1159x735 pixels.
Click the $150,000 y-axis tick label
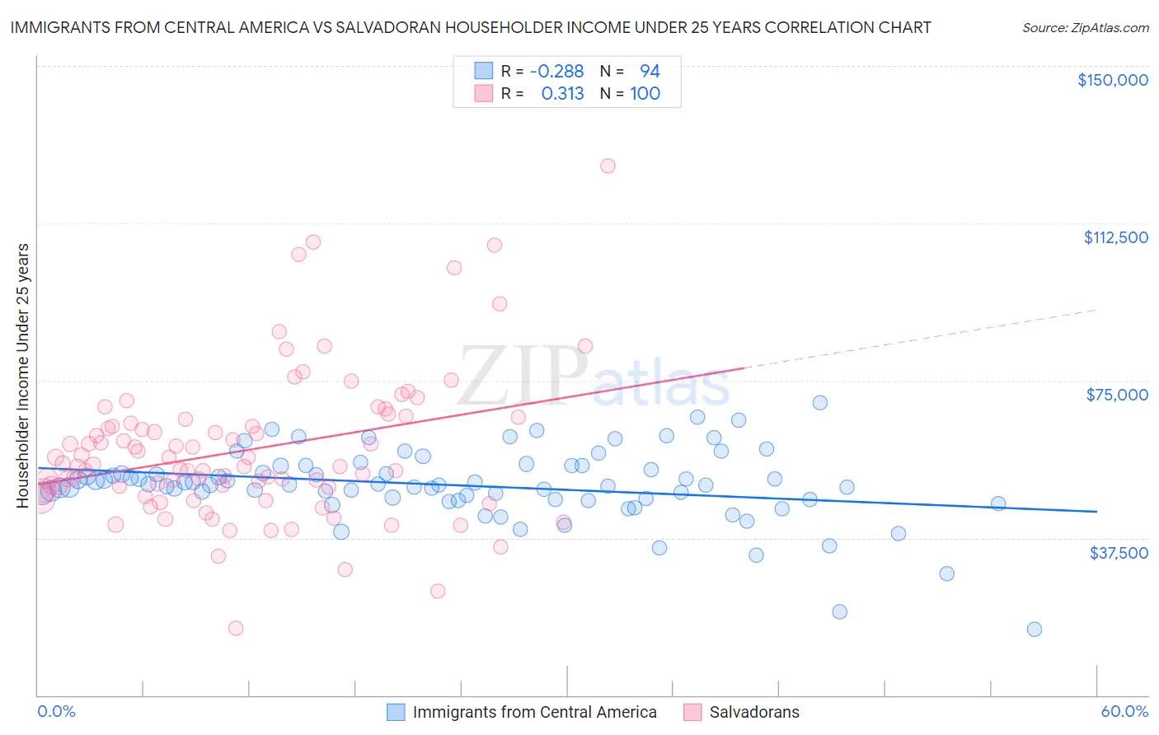[x=1112, y=80]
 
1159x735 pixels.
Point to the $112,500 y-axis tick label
[x=1115, y=237]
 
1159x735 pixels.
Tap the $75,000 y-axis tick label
[x=1117, y=395]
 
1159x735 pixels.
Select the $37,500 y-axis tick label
[x=1119, y=553]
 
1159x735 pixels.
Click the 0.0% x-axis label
[x=56, y=711]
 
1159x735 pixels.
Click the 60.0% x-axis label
[x=1124, y=711]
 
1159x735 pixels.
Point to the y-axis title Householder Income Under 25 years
[x=23, y=375]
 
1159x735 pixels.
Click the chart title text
[x=471, y=27]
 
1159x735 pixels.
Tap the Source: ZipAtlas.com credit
[x=1085, y=27]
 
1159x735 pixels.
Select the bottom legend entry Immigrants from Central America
[x=534, y=712]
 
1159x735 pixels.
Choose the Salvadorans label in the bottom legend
[x=753, y=712]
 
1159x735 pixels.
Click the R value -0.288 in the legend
[x=556, y=72]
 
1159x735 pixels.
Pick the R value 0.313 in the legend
[x=562, y=94]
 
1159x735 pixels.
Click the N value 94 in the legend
[x=650, y=72]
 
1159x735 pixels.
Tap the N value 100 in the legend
[x=645, y=94]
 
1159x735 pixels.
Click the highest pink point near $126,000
[x=608, y=166]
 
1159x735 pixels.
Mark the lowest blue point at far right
[x=1034, y=630]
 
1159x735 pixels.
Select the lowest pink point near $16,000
[x=236, y=628]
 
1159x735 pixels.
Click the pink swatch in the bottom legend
[x=692, y=712]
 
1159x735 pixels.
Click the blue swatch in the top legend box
[x=483, y=72]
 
